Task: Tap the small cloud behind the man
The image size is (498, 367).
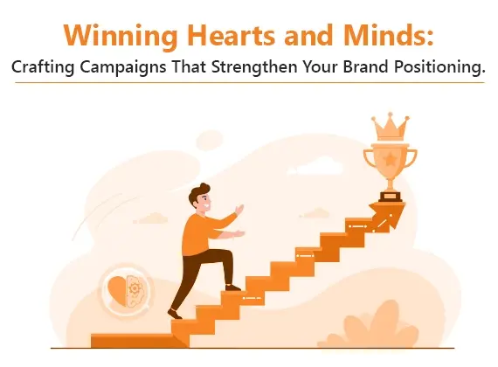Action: pyautogui.click(x=152, y=218)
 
